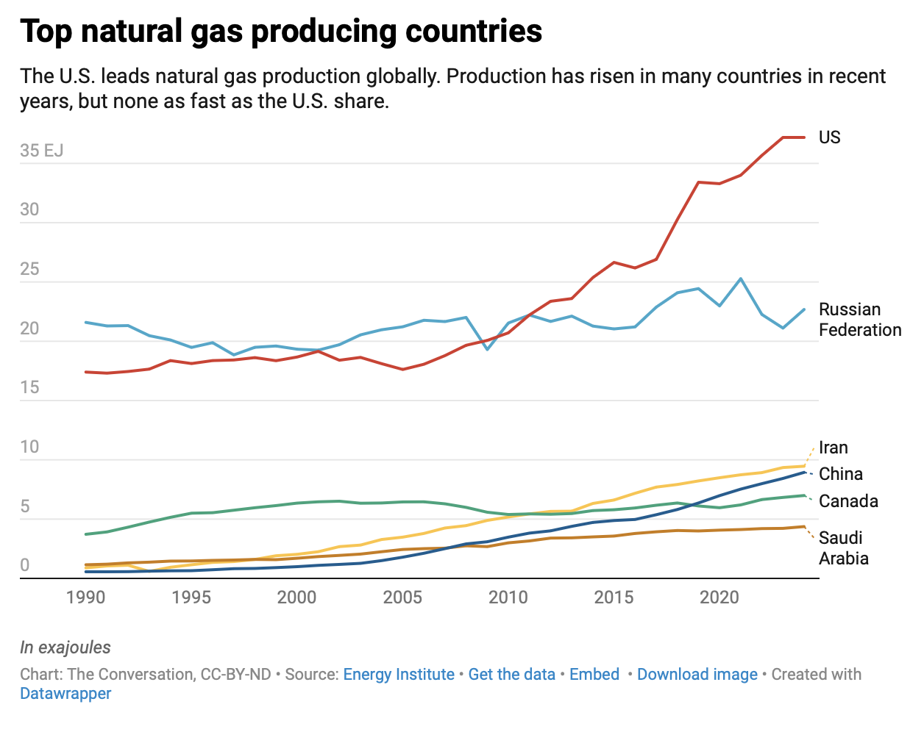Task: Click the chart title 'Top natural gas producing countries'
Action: tap(281, 31)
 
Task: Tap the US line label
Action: tap(829, 137)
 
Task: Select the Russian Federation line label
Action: tap(859, 320)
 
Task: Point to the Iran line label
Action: tap(833, 448)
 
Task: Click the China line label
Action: tap(840, 474)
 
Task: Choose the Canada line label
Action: tap(848, 501)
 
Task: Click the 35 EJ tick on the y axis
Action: tap(41, 151)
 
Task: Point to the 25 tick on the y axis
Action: tap(29, 269)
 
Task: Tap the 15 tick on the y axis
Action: tap(29, 387)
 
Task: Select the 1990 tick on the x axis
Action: tap(86, 597)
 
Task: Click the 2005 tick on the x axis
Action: tap(402, 597)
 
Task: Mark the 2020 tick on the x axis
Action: tap(719, 597)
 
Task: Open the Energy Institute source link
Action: tap(399, 675)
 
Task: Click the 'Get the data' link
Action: tap(511, 675)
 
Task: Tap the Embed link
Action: tap(594, 675)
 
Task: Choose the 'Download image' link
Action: tap(697, 675)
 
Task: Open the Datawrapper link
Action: tap(65, 694)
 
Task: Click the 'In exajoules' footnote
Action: tap(65, 647)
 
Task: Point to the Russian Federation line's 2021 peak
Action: tap(740, 279)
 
